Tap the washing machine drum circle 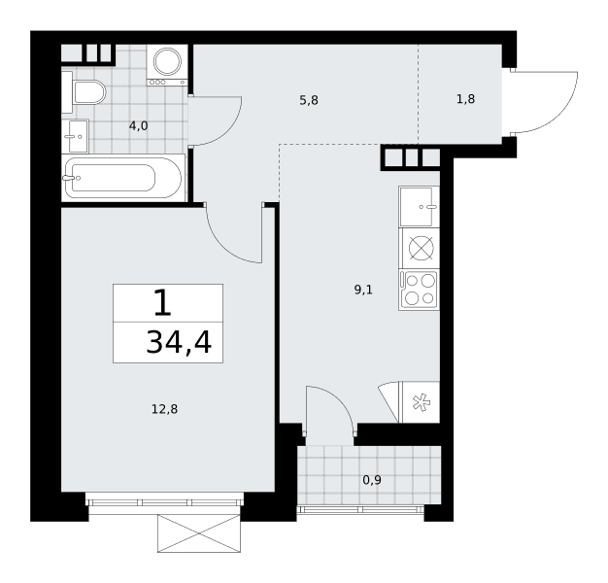(x=167, y=61)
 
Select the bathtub (x=123, y=178)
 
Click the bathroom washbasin (x=75, y=136)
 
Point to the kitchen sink (x=419, y=206)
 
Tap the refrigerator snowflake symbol (x=422, y=402)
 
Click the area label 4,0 (x=139, y=126)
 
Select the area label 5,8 (x=309, y=100)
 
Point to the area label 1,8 (x=465, y=99)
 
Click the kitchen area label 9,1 (x=363, y=290)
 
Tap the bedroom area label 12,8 (x=164, y=409)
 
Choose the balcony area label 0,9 (x=372, y=480)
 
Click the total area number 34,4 (x=179, y=342)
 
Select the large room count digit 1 (x=162, y=303)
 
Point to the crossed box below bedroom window (x=199, y=533)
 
